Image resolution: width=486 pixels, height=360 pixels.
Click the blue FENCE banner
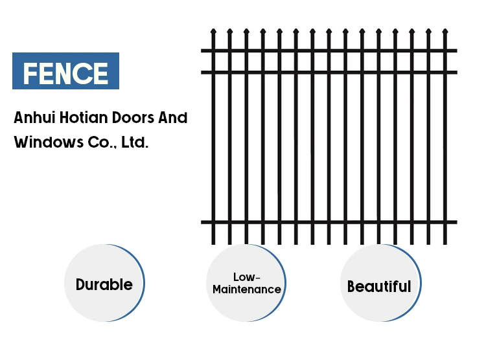pos(65,71)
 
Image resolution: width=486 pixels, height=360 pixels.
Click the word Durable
pos(104,284)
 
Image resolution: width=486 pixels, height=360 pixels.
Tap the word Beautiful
pos(379,286)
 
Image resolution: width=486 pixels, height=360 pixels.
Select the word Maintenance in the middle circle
pos(246,289)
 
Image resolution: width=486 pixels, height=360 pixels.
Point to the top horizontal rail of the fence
pos(329,51)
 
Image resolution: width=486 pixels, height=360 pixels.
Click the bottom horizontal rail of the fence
pos(329,222)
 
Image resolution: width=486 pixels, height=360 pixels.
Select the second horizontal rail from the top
pos(329,72)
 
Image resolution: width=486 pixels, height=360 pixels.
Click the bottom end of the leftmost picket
pos(213,242)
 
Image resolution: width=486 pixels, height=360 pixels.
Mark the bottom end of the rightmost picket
pos(445,242)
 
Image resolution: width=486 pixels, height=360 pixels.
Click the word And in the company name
pos(173,118)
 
